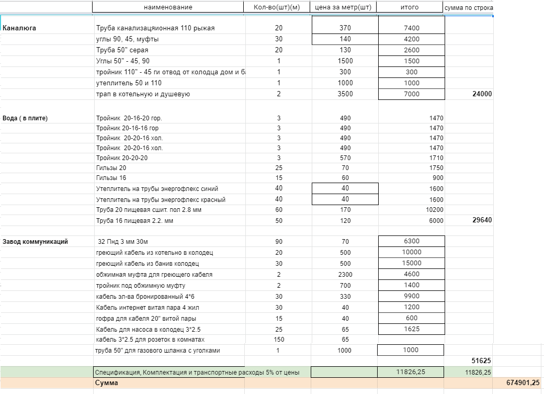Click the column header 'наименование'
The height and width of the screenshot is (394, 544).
click(168, 7)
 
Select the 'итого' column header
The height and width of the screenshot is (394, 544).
click(409, 7)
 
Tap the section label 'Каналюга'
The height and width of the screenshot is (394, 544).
click(19, 28)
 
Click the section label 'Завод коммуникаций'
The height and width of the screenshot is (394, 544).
click(35, 242)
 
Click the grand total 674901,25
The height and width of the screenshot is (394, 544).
click(523, 383)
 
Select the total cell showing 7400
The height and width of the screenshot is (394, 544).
click(411, 28)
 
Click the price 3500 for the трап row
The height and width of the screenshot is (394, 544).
click(345, 94)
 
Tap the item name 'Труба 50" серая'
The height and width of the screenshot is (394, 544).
click(122, 50)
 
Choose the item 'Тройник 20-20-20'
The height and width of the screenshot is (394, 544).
click(122, 158)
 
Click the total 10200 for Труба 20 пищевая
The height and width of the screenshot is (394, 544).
click(434, 210)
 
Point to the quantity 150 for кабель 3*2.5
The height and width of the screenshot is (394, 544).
click(279, 340)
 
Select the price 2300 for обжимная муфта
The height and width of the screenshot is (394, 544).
click(345, 275)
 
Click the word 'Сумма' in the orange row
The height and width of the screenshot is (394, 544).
click(106, 383)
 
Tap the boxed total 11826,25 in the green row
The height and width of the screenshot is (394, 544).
click(411, 372)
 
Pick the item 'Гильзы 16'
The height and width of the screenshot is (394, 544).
click(111, 178)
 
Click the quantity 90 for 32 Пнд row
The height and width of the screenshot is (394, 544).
click(279, 242)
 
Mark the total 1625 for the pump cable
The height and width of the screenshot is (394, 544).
click(411, 329)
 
